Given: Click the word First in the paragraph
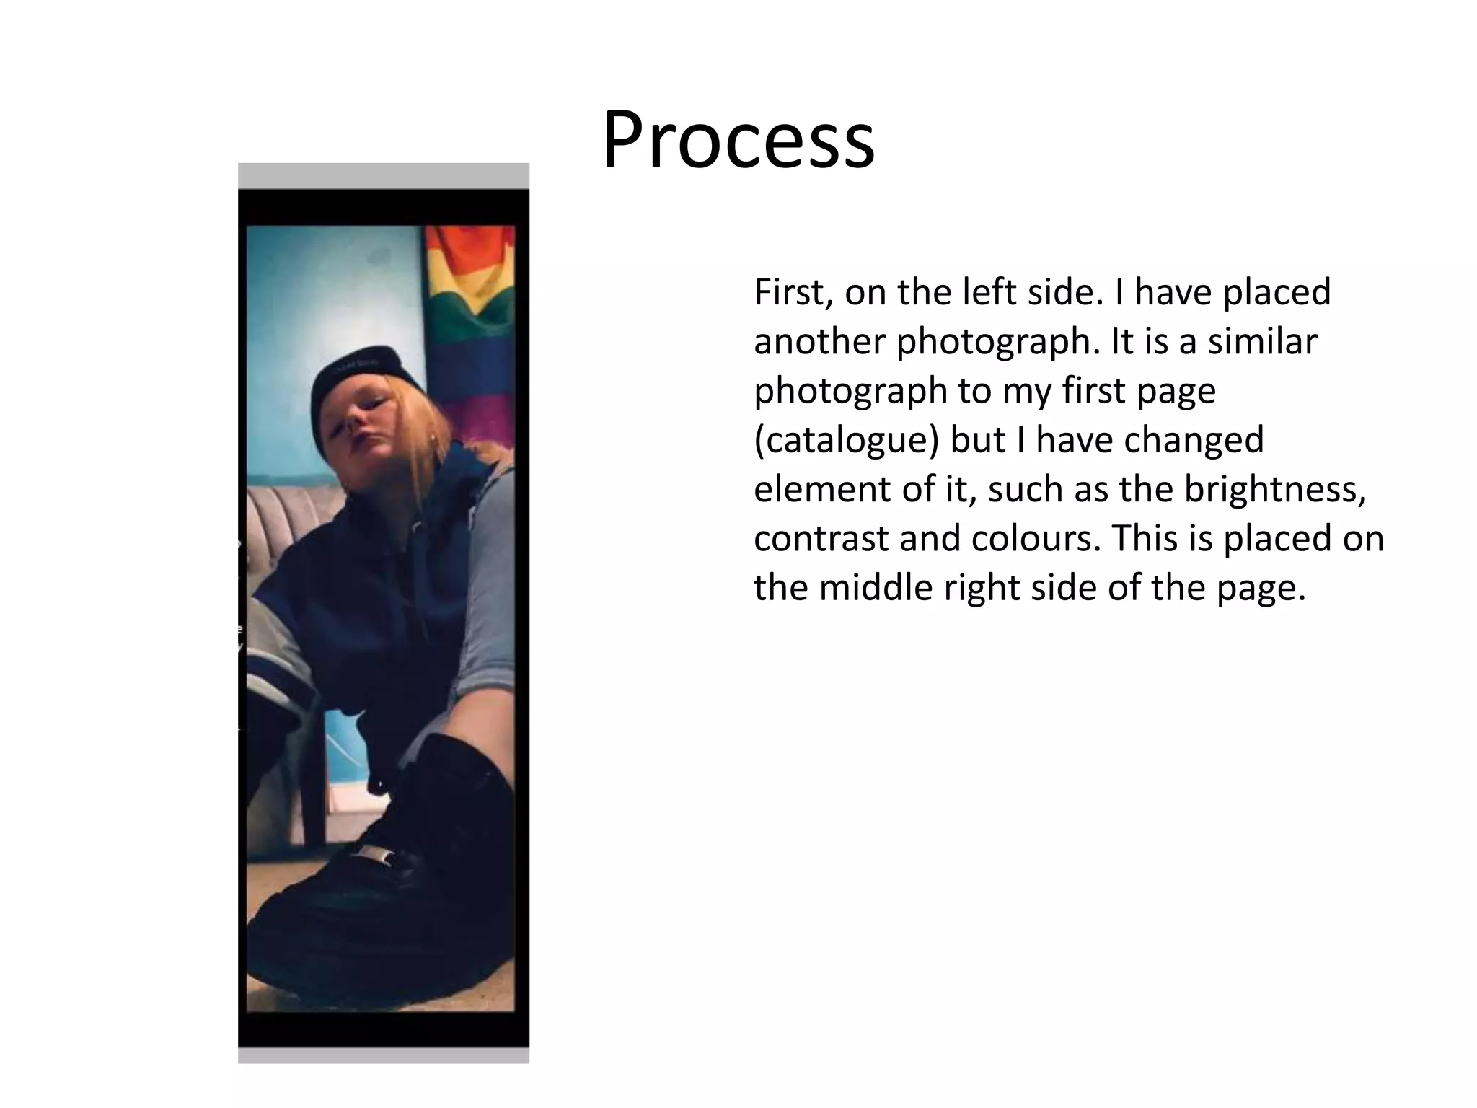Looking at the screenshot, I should pyautogui.click(x=789, y=292).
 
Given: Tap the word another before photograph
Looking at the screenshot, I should pyautogui.click(x=819, y=341).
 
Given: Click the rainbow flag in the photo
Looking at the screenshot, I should pyautogui.click(x=469, y=303).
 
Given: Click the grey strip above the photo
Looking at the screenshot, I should pyautogui.click(x=383, y=175).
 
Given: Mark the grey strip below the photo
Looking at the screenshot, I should pyautogui.click(x=383, y=1055).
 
